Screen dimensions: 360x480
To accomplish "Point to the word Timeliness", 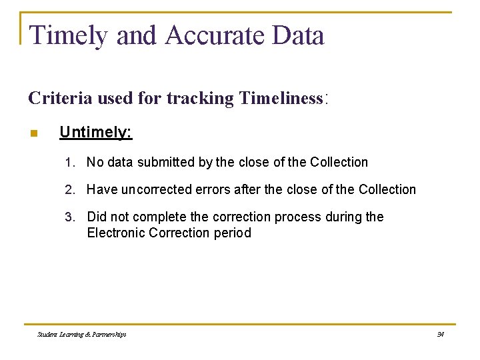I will (281, 99).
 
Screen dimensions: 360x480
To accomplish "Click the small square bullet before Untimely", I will (33, 133).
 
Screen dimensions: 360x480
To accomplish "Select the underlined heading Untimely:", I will (96, 132).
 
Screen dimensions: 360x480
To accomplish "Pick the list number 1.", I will (69, 162).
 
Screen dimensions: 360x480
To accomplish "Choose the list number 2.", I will (69, 189).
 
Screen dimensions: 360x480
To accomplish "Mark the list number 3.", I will (69, 217).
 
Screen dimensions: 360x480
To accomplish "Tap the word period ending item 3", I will (233, 233).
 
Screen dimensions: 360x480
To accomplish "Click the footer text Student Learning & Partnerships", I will (82, 334).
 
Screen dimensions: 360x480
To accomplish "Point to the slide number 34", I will (440, 334).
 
